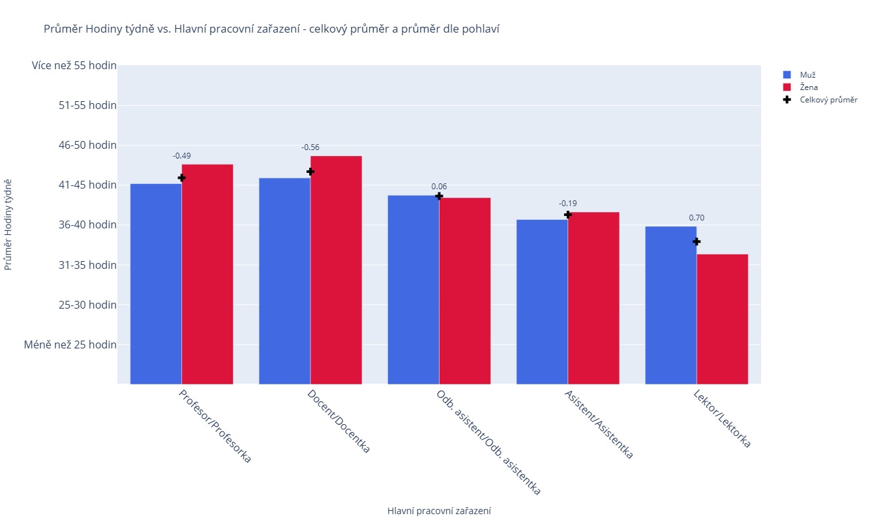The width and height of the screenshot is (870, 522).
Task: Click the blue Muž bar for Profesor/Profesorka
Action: (x=156, y=284)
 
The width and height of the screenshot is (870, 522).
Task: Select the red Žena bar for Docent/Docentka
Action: (x=336, y=270)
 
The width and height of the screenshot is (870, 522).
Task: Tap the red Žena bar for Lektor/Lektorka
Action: (x=722, y=319)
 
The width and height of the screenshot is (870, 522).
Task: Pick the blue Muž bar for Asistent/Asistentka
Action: (x=542, y=301)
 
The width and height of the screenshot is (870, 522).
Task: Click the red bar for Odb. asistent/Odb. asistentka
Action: (x=464, y=291)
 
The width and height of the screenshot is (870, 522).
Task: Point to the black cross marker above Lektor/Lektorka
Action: (x=697, y=241)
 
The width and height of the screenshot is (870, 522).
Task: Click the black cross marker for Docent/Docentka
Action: (x=310, y=171)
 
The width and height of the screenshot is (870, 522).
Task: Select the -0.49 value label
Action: (x=182, y=156)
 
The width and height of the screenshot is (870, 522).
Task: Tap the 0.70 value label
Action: (x=697, y=218)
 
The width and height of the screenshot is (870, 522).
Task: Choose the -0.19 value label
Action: (x=568, y=203)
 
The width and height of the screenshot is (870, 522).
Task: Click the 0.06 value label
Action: (x=439, y=187)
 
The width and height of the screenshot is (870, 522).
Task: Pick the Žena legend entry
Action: (x=809, y=87)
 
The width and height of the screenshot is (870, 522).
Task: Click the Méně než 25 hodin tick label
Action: (x=70, y=345)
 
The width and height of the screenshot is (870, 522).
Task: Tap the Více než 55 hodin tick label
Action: (x=74, y=65)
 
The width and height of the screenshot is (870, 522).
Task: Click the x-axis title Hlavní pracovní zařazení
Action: (x=439, y=511)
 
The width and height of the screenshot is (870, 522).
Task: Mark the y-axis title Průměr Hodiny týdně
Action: (x=8, y=224)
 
